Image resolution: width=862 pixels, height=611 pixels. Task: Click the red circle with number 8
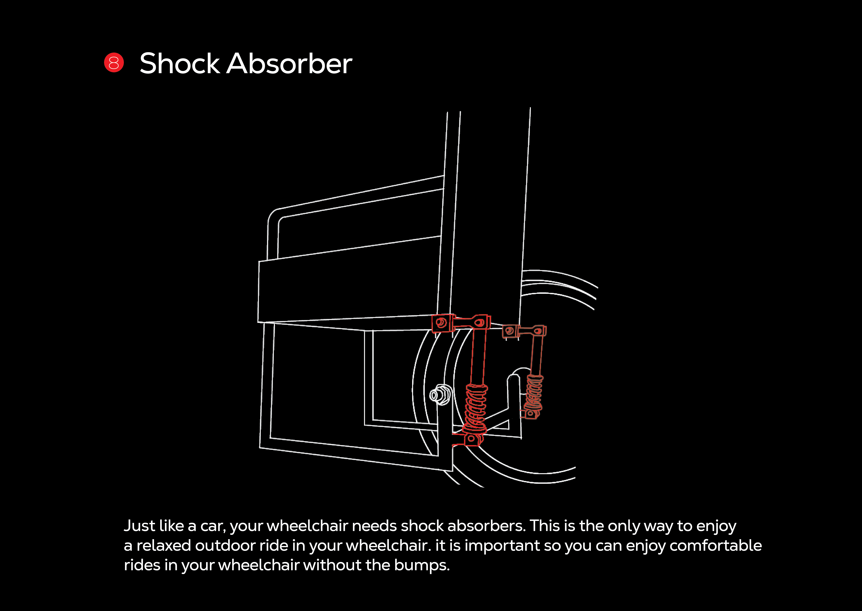pos(114,62)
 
